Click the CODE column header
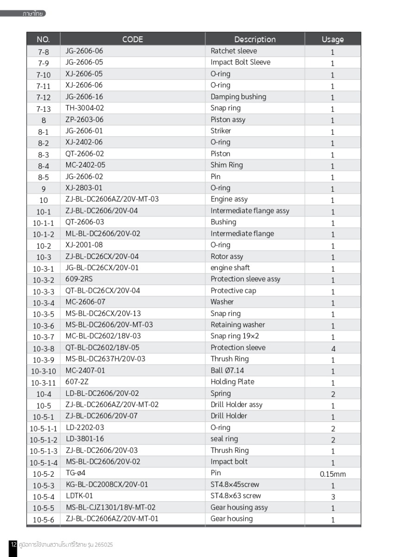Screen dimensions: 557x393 pyautogui.click(x=133, y=39)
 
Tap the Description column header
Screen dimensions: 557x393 pyautogui.click(x=254, y=39)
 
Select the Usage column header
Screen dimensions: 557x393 pyautogui.click(x=332, y=39)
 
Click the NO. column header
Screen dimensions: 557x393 pyautogui.click(x=43, y=39)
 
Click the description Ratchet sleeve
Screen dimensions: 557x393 pyautogui.click(x=234, y=51)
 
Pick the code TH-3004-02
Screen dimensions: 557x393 pyautogui.click(x=85, y=108)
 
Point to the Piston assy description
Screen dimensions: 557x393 pyautogui.click(x=228, y=120)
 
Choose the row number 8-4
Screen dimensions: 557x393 pyautogui.click(x=44, y=166)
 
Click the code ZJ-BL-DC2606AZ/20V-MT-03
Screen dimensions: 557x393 pyautogui.click(x=112, y=200)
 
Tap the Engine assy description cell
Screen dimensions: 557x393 pyautogui.click(x=229, y=200)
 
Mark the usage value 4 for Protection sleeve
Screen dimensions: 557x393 pyautogui.click(x=332, y=349)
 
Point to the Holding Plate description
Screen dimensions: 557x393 pyautogui.click(x=232, y=382)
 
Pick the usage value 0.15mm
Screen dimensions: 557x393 pyautogui.click(x=332, y=474)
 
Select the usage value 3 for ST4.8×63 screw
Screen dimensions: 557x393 pyautogui.click(x=332, y=497)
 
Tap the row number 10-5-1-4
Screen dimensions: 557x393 pyautogui.click(x=44, y=463)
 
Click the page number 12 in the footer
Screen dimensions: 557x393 pyautogui.click(x=13, y=544)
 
